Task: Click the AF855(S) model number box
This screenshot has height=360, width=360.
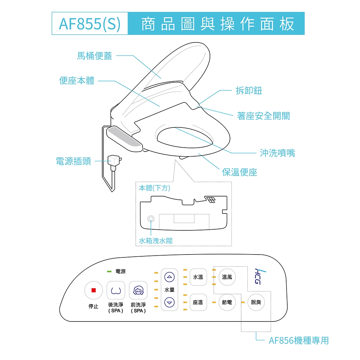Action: pos(90,23)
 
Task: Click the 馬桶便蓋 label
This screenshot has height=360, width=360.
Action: pos(94,56)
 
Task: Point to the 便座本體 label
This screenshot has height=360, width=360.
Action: pos(77,81)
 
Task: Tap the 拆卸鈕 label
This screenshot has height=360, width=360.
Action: pos(249,91)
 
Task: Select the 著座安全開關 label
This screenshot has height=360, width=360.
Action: pos(263,116)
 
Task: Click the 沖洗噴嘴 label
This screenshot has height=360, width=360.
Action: pos(277,153)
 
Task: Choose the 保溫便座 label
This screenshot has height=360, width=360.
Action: pos(240,172)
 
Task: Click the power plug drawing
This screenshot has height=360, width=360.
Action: pos(114,161)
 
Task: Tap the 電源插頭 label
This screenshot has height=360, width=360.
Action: pos(73,161)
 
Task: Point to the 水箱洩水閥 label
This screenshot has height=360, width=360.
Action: pos(156,240)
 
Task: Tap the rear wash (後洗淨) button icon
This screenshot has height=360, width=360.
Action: pos(116,290)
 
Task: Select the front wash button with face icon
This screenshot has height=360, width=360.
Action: pos(138,290)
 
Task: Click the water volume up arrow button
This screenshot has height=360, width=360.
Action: pos(169,277)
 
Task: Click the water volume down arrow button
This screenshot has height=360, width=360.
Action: pos(169,302)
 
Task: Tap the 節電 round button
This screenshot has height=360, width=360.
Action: pos(227,302)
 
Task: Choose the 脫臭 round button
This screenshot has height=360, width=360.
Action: pos(256,302)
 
